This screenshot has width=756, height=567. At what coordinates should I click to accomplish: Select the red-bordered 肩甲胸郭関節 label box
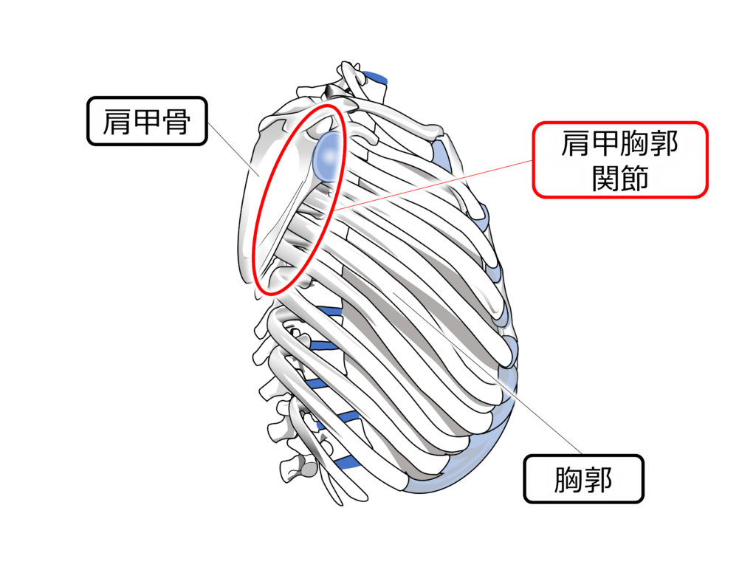[x=619, y=159]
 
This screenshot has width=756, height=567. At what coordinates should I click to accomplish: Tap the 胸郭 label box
[x=583, y=481]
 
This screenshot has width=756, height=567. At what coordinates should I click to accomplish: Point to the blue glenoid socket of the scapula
[x=327, y=154]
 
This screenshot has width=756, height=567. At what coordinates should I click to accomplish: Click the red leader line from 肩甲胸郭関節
[x=436, y=185]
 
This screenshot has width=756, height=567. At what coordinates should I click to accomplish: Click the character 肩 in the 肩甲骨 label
[x=116, y=121]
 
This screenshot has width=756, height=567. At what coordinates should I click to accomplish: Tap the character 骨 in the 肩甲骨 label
[x=178, y=121]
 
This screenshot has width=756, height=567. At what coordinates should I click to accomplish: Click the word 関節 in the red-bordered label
[x=619, y=178]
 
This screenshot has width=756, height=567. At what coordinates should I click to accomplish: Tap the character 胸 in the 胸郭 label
[x=568, y=481]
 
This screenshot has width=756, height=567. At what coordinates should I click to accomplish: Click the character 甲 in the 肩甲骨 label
[x=147, y=121]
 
